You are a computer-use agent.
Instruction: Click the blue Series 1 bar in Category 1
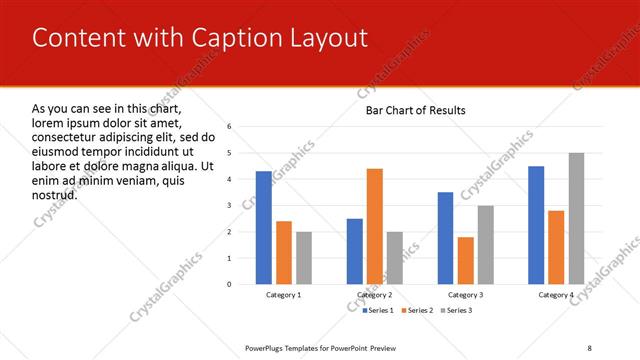tap(263, 228)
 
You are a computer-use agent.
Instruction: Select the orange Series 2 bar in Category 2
tap(375, 226)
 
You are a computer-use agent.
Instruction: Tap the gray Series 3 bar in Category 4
tap(576, 218)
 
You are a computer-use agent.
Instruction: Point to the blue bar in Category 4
tap(536, 225)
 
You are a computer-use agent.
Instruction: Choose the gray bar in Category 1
tap(304, 258)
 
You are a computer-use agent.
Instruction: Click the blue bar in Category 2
tap(355, 251)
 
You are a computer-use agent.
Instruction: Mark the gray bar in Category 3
tap(486, 245)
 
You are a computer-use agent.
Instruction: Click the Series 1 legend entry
tap(378, 311)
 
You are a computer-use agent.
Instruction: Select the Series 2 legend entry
tap(416, 311)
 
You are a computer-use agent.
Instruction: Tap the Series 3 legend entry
tap(456, 311)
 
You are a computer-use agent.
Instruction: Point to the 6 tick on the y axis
tap(230, 127)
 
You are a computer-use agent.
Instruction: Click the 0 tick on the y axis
tap(230, 284)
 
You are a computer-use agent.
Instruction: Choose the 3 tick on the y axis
tap(230, 206)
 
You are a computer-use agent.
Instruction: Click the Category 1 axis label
tap(284, 295)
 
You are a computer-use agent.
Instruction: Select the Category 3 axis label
tap(465, 295)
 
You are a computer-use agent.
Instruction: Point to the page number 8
tap(589, 347)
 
